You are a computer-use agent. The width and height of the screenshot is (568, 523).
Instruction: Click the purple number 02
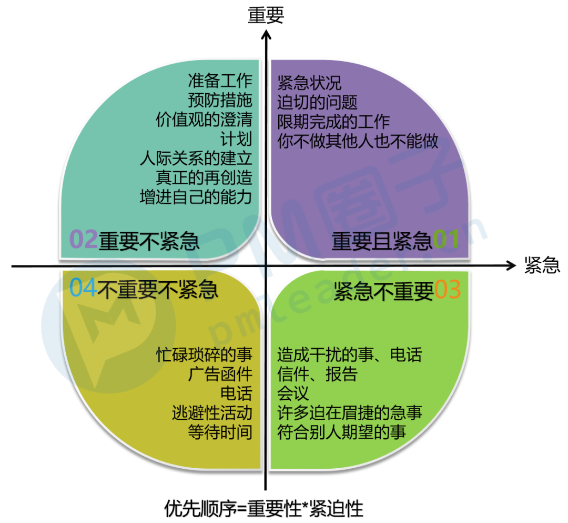tap(84, 240)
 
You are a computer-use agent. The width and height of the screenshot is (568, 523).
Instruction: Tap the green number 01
tap(446, 240)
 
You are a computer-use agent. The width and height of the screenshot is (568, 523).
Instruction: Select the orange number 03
tap(448, 290)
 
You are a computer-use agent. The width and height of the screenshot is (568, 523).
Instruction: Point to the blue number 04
tap(84, 289)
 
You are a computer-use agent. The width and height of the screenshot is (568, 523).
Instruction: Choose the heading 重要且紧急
tap(382, 241)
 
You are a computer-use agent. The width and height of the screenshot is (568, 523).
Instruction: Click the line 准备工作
tap(220, 81)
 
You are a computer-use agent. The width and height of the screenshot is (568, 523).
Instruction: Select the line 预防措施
tap(220, 100)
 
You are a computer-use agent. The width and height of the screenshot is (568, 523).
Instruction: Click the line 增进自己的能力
tap(196, 196)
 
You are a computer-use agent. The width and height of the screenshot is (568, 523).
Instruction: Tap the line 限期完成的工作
tap(333, 122)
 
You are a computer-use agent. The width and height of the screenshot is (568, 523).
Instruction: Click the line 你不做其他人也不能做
tap(358, 141)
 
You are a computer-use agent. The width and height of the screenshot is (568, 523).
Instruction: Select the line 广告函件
tap(220, 374)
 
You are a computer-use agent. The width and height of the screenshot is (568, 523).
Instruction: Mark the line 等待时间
tap(220, 432)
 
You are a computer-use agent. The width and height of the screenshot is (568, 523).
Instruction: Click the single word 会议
tap(293, 393)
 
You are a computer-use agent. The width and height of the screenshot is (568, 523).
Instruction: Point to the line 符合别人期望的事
tap(341, 432)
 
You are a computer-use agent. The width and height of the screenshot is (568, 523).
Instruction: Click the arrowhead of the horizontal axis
tap(512, 266)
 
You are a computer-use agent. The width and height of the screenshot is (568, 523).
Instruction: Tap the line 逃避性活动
tap(212, 412)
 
